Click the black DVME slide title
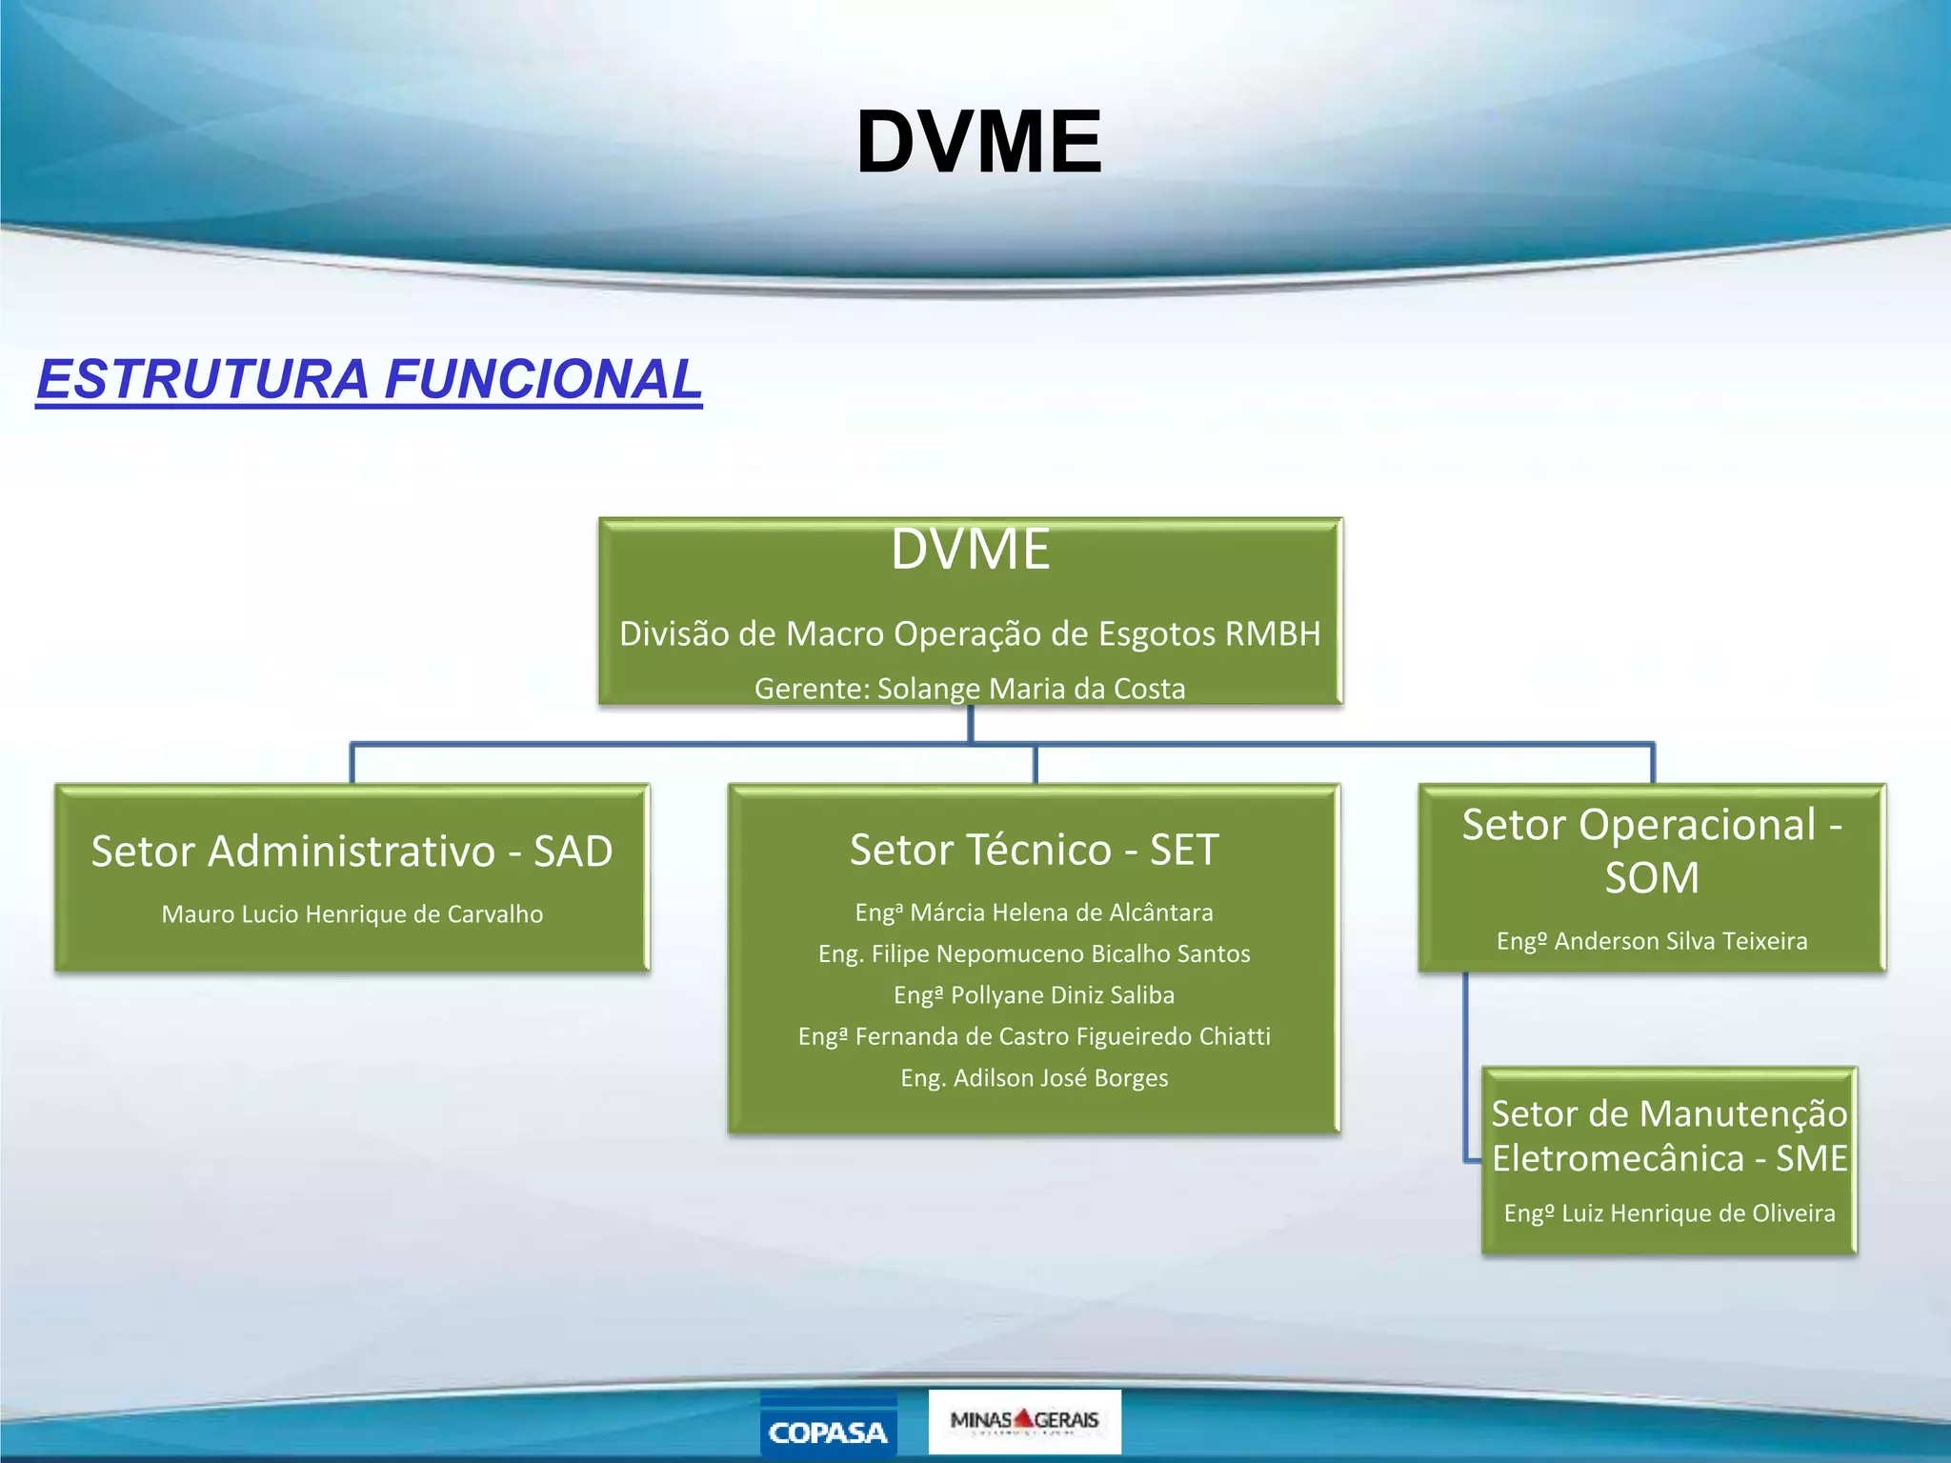pyautogui.click(x=979, y=143)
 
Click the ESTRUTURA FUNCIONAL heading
pyautogui.click(x=370, y=379)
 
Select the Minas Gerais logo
pyautogui.click(x=1024, y=1421)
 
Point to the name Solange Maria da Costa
pyautogui.click(x=1031, y=689)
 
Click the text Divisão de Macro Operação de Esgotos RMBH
pyautogui.click(x=970, y=633)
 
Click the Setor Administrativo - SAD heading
pyautogui.click(x=352, y=851)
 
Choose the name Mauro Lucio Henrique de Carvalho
pyautogui.click(x=352, y=914)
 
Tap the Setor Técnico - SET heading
pyautogui.click(x=1034, y=850)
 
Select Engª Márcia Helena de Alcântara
pyautogui.click(x=1034, y=912)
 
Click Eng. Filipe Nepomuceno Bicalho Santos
pyautogui.click(x=1034, y=953)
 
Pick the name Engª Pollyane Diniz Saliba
pyautogui.click(x=1034, y=995)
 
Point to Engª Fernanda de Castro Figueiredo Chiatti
pyautogui.click(x=1034, y=1036)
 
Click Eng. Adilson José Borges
pyautogui.click(x=1034, y=1078)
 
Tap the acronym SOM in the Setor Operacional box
pyautogui.click(x=1651, y=878)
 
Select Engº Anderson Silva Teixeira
pyautogui.click(x=1651, y=941)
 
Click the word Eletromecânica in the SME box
pyautogui.click(x=1618, y=1159)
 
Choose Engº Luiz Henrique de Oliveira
pyautogui.click(x=1669, y=1213)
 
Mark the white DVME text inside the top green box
pyautogui.click(x=970, y=550)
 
